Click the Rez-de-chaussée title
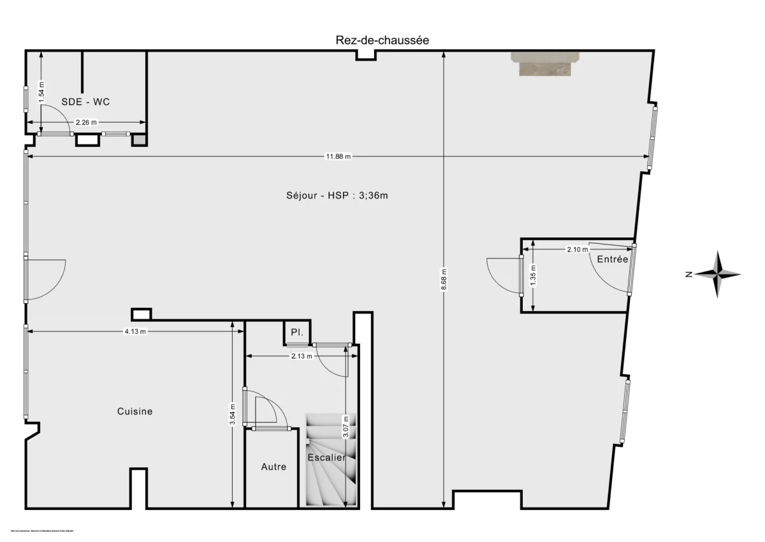coord(382,40)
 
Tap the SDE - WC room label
coord(86,102)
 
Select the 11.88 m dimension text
coord(339,156)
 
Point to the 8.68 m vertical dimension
coord(444,280)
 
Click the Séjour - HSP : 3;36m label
coord(337,195)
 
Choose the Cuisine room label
coord(135,411)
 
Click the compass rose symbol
coord(718,275)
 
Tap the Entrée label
coord(613,259)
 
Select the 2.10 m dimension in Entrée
coord(577,250)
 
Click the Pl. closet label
coord(296,333)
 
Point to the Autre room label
coord(273,467)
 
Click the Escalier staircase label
coord(326,458)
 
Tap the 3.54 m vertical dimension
coord(233,414)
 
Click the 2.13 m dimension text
coord(302,356)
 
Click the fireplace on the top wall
coord(545,64)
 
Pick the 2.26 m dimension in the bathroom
coord(86,123)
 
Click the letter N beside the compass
coord(688,275)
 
